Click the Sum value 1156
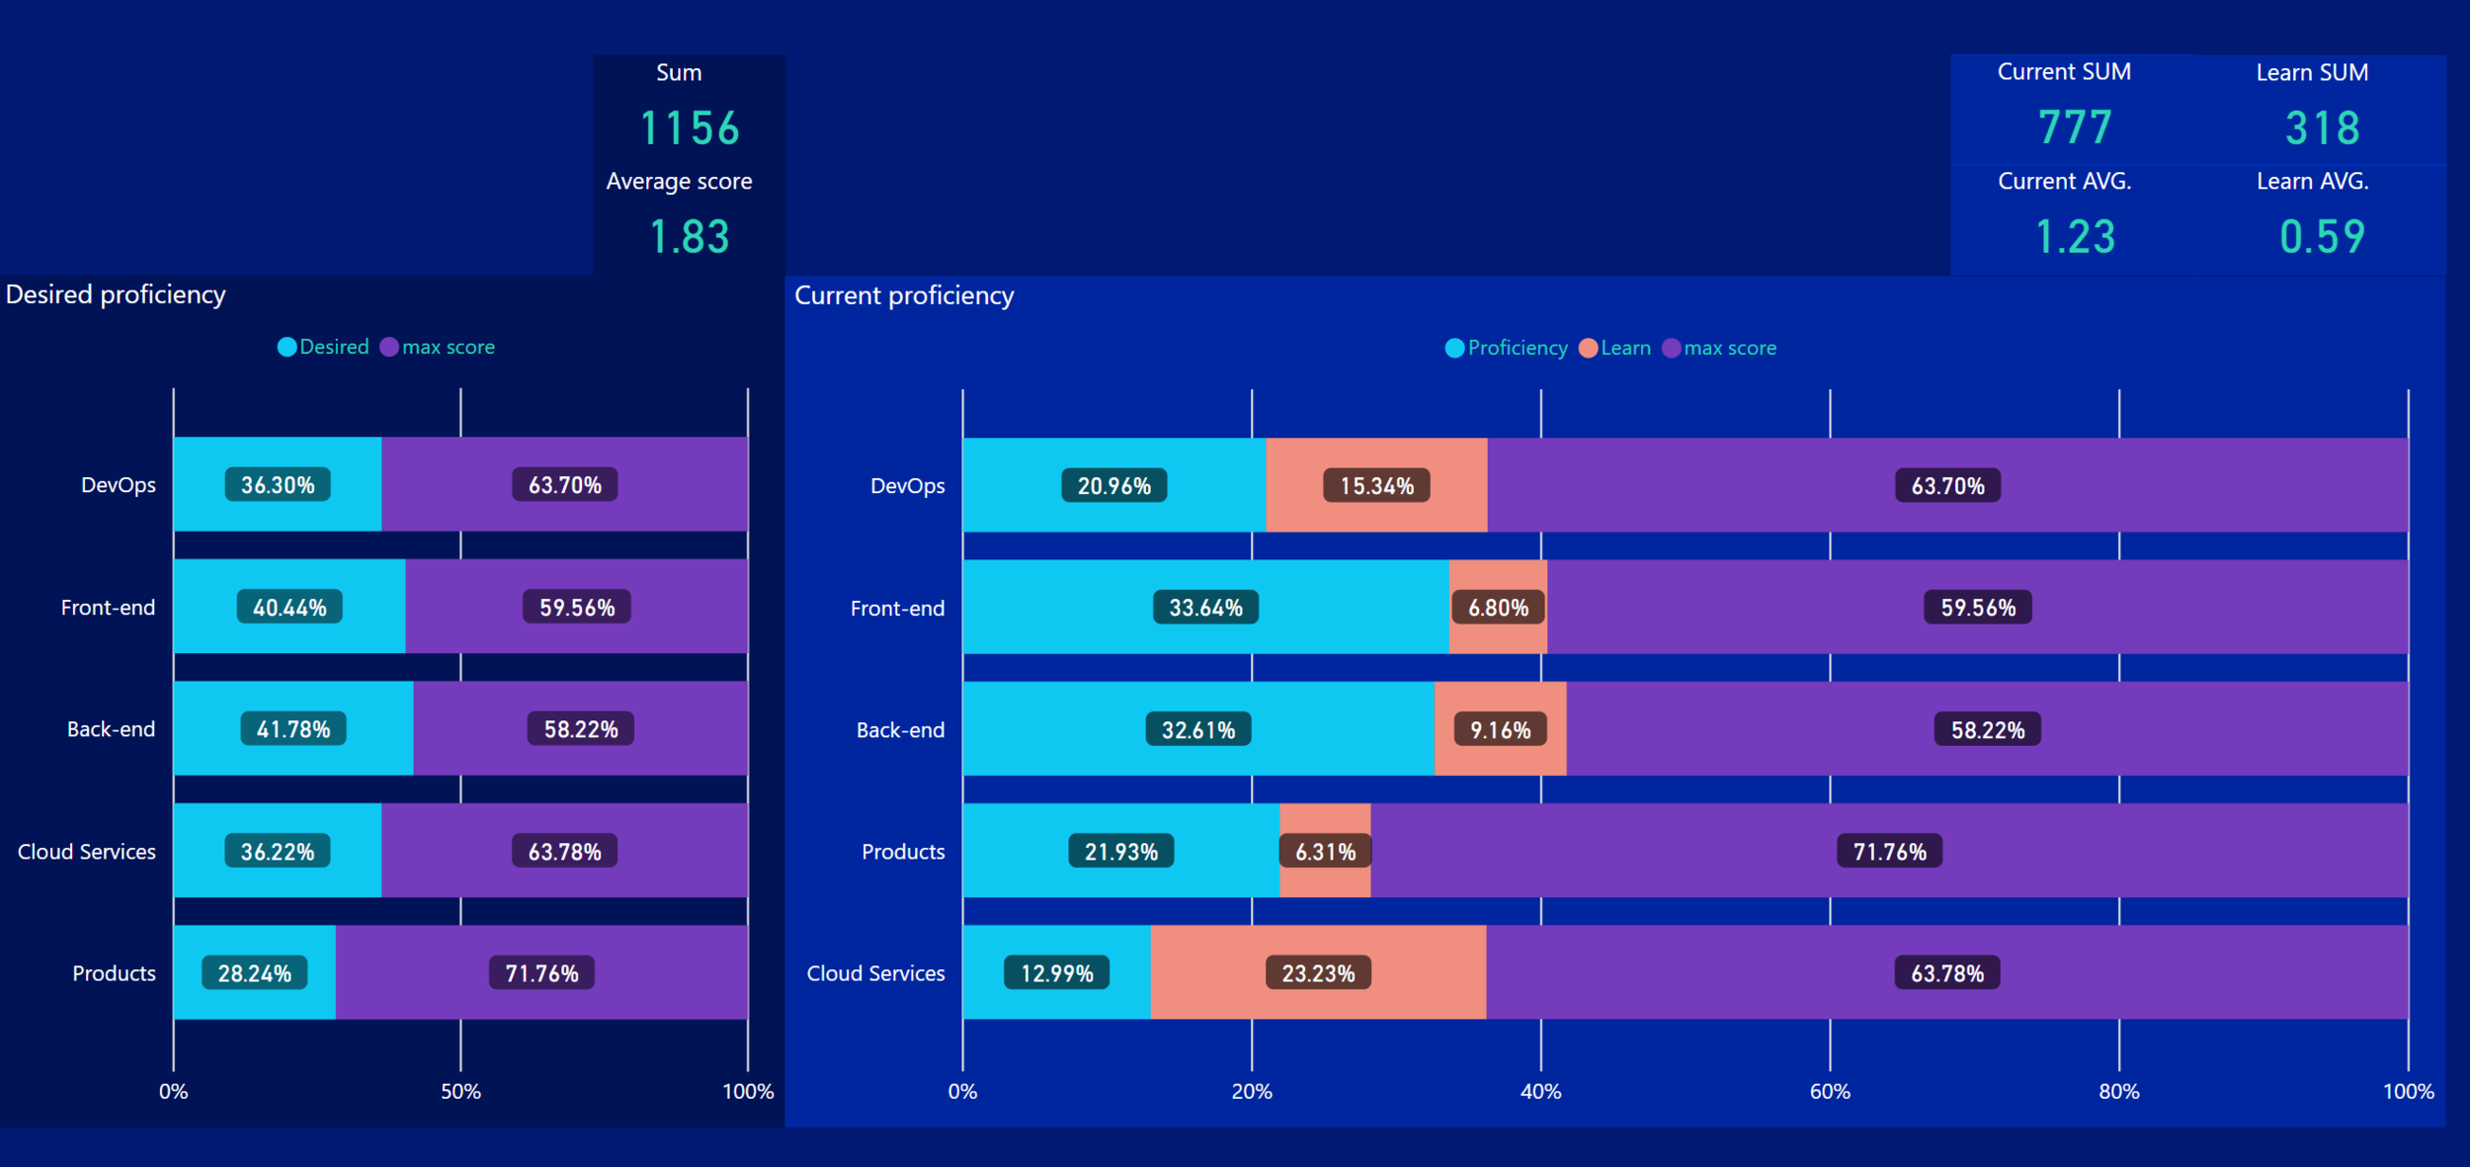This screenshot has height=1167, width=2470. pyautogui.click(x=690, y=128)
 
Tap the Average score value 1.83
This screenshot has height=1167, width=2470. pyautogui.click(x=690, y=237)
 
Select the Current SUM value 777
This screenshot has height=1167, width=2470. pyautogui.click(x=2075, y=127)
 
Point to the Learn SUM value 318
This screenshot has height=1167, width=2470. pyautogui.click(x=2322, y=128)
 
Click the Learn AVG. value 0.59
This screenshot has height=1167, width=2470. pyautogui.click(x=2322, y=237)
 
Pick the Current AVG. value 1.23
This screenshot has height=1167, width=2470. pyautogui.click(x=2075, y=237)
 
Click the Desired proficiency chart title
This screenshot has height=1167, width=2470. pyautogui.click(x=116, y=294)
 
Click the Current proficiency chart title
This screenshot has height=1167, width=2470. pyautogui.click(x=904, y=295)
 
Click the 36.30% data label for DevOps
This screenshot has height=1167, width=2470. pyautogui.click(x=278, y=485)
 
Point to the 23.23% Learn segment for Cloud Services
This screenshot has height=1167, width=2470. pyautogui.click(x=1318, y=973)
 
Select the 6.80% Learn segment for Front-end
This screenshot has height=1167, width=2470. pyautogui.click(x=1498, y=608)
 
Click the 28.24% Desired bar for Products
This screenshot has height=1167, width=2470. pyautogui.click(x=254, y=973)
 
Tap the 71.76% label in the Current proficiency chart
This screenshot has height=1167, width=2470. pyautogui.click(x=1889, y=852)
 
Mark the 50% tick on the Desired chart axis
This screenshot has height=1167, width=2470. pyautogui.click(x=460, y=1092)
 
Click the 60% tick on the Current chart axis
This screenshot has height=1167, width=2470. pyautogui.click(x=1830, y=1092)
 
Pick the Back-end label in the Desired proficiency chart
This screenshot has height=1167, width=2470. pyautogui.click(x=111, y=729)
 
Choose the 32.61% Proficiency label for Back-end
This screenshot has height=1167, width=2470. pyautogui.click(x=1198, y=730)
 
